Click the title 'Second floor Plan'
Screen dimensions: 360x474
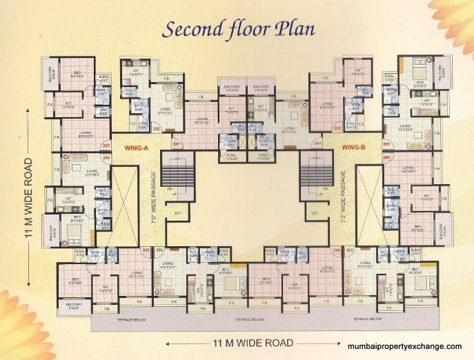[237, 29]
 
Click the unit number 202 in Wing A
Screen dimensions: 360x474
[157, 128]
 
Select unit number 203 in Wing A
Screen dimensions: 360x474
[106, 146]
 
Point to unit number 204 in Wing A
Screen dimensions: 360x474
[106, 157]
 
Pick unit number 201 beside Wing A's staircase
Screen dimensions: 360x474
[176, 143]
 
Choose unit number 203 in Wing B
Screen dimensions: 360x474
[387, 144]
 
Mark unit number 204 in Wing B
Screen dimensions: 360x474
[387, 157]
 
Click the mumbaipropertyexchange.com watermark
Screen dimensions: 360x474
[404, 346]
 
